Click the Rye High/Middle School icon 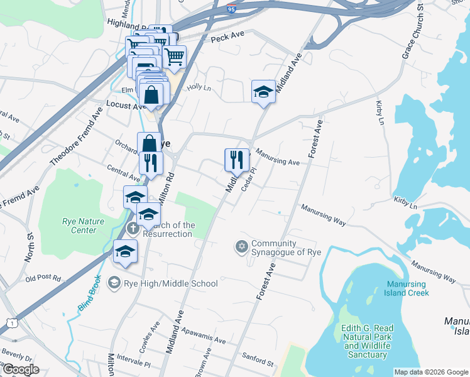click(x=114, y=283)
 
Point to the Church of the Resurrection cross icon click(x=132, y=227)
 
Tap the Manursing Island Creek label click(x=407, y=288)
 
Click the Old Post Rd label click(x=43, y=278)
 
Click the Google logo click(x=20, y=369)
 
